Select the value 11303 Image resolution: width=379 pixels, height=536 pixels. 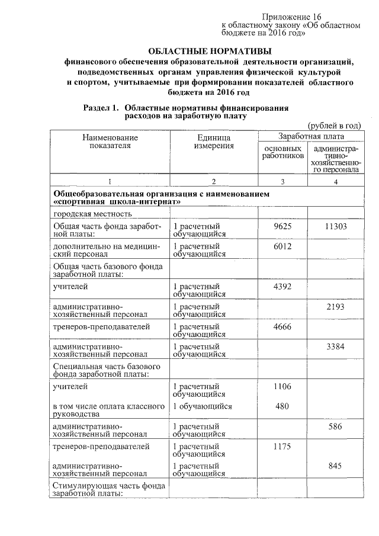click(336, 226)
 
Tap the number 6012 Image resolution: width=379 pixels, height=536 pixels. click(282, 246)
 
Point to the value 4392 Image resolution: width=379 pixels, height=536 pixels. click(282, 287)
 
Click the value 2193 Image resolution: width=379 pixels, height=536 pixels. click(336, 307)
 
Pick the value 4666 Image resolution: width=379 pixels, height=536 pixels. click(282, 326)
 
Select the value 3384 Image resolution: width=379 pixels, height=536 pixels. click(336, 346)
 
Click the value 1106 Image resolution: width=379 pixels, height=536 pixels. click(282, 386)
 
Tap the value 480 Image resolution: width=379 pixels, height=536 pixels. click(282, 406)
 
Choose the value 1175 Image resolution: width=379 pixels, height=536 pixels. click(282, 446)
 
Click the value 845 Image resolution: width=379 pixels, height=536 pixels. click(336, 466)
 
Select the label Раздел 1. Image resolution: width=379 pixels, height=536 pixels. click(101, 108)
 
